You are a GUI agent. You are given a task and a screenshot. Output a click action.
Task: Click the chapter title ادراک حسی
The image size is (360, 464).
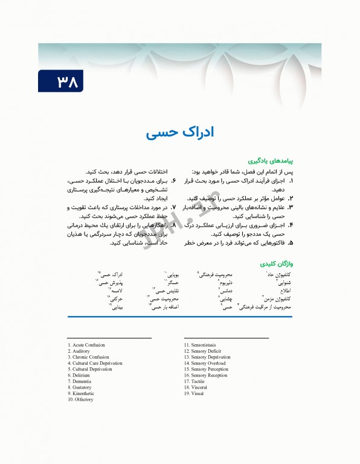coord(179,132)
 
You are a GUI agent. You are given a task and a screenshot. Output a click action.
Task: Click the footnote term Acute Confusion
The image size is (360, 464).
coord(88,345)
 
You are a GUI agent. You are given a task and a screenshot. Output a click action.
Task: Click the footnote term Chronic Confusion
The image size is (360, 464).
coord(89,357)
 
